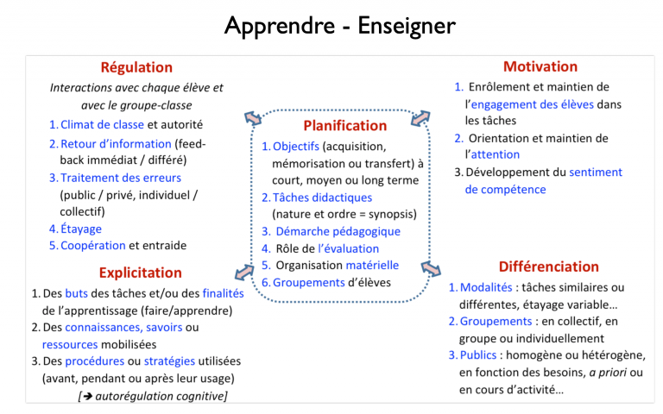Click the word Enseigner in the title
point(407,26)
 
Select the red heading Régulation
point(136,67)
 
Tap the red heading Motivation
point(540,66)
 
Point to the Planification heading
point(345,125)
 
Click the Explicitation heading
point(141,273)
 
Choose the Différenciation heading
point(548,267)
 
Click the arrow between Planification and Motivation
point(420,118)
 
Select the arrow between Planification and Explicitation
point(244,272)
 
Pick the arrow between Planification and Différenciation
point(431,269)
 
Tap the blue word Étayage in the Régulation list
point(81,229)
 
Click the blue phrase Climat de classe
point(103,124)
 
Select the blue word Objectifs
point(296,146)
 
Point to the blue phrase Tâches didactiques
point(322,198)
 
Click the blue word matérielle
point(372,266)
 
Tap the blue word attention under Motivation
point(496,154)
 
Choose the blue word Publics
point(478,354)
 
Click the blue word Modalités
point(486,287)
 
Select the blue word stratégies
point(169,361)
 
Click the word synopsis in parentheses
point(391,215)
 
